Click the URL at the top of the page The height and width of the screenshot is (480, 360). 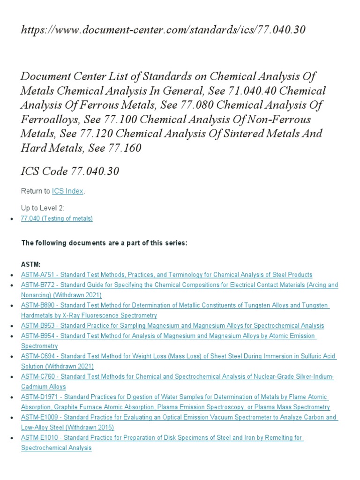[163, 30]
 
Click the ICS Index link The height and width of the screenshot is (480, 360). [68, 191]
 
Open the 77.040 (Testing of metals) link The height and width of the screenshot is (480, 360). [57, 218]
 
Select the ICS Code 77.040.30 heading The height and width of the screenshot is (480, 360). [70, 172]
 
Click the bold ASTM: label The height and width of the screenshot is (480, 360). [31, 264]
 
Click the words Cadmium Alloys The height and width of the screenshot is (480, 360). [44, 387]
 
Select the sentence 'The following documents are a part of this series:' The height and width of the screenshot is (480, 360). [104, 242]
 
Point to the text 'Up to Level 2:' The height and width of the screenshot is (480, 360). [43, 208]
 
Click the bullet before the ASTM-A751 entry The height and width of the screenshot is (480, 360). [11, 275]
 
